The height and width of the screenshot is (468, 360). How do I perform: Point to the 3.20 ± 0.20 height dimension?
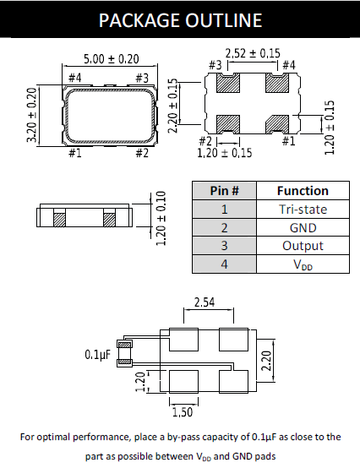(x=32, y=115)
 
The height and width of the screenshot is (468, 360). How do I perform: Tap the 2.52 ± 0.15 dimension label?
(x=254, y=53)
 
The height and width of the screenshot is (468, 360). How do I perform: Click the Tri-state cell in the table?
(x=302, y=210)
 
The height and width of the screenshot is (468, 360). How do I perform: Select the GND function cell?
(x=302, y=227)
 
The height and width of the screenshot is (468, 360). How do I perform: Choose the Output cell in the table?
(x=302, y=245)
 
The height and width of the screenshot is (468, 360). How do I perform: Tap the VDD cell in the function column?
(x=302, y=264)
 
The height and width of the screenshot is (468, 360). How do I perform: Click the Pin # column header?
(x=224, y=191)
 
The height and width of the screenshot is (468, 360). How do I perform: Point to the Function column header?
(x=302, y=191)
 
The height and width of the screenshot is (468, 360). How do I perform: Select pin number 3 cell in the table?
(x=224, y=245)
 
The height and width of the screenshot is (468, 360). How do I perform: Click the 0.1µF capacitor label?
(x=99, y=354)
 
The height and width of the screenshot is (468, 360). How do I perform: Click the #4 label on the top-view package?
(x=74, y=79)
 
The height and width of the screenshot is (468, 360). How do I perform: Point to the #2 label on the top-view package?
(x=141, y=152)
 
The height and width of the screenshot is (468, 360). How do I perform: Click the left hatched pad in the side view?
(x=59, y=218)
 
